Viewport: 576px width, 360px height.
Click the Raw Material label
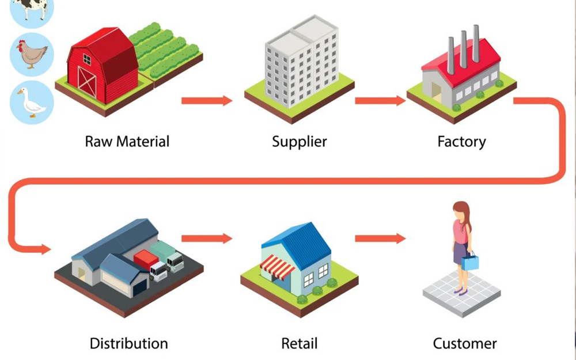pos(127,141)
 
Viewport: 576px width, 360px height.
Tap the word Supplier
pos(299,141)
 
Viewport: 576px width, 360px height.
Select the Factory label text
pos(461,141)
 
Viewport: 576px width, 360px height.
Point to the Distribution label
pos(128,344)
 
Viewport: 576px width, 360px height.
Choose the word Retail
pos(300,344)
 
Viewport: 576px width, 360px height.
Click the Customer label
pos(465,344)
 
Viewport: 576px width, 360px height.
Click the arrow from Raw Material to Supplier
pos(207,101)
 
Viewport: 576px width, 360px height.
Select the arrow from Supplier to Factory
pos(380,101)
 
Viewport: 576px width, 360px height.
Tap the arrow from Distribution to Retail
pos(207,238)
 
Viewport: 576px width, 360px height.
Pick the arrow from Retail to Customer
pos(380,238)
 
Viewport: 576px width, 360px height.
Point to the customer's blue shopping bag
pos(471,262)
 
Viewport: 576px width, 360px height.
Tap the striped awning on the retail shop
pos(278,267)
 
